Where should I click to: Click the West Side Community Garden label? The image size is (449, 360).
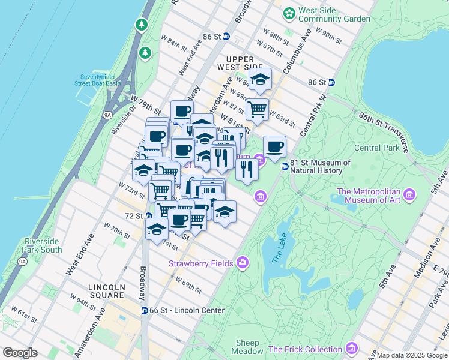(334, 14)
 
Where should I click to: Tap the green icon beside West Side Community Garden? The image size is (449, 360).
(289, 12)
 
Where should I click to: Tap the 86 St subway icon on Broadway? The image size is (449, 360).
(226, 37)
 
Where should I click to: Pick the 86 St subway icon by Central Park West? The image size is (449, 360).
(331, 82)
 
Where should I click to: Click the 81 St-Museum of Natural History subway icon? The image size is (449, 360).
(285, 166)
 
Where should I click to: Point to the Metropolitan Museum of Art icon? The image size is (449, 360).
(410, 194)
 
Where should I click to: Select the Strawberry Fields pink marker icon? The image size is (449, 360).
(243, 262)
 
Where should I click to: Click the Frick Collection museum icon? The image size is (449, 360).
(352, 349)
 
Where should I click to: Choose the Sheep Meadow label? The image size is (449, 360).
(247, 347)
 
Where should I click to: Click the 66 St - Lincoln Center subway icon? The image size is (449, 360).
(145, 310)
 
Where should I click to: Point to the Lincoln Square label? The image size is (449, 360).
(107, 292)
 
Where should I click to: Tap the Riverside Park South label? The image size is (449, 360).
(43, 245)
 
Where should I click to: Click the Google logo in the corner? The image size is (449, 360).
(20, 353)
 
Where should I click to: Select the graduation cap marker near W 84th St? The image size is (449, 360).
(260, 79)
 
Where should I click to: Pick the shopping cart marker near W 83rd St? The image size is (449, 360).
(257, 109)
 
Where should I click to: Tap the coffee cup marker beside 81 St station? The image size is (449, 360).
(274, 146)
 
